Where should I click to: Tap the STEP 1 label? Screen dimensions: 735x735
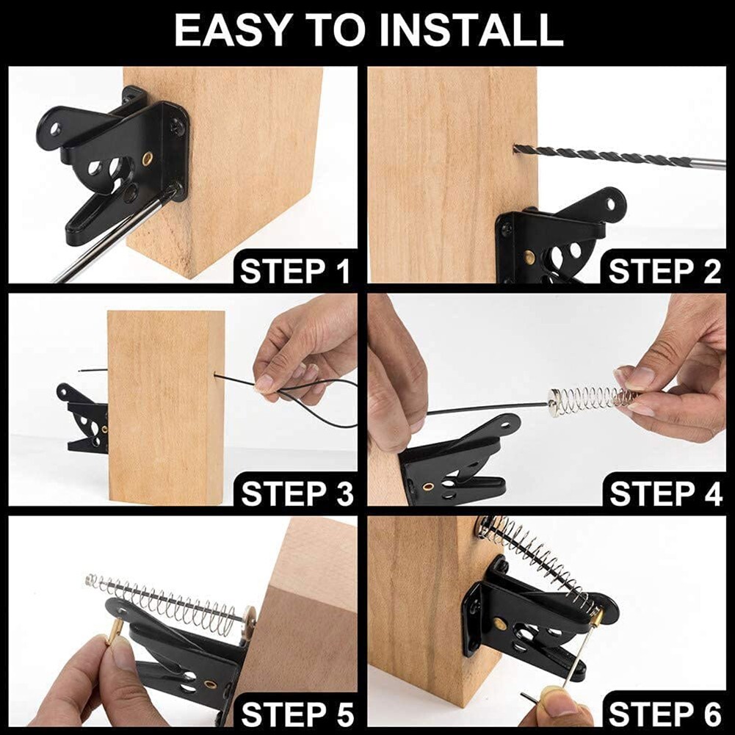click(295, 271)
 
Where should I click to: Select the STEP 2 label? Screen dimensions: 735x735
click(665, 271)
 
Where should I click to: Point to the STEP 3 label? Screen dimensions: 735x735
click(297, 493)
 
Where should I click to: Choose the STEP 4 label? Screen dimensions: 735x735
click(665, 493)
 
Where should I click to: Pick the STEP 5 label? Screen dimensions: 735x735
click(297, 714)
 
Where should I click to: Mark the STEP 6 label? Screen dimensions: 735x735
click(665, 714)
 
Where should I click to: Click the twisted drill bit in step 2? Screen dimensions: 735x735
click(602, 156)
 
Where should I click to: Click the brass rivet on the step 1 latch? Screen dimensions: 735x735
click(148, 158)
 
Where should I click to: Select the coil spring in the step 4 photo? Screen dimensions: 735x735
click(591, 399)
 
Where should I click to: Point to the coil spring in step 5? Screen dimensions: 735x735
click(169, 599)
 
